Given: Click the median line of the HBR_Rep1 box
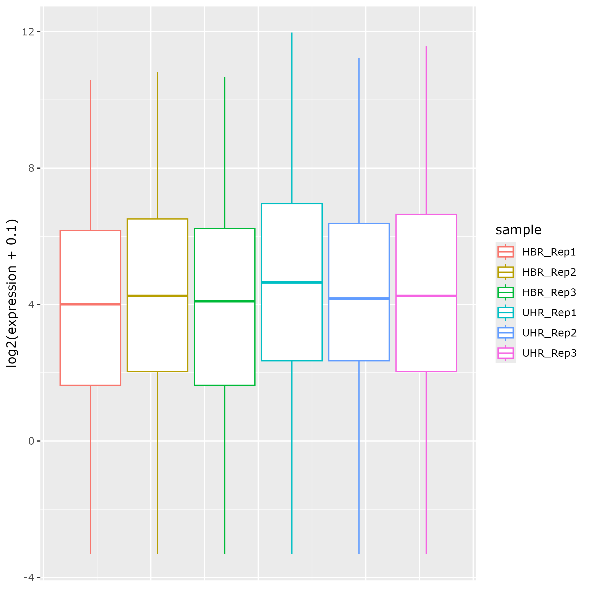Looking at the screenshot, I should point(91,304).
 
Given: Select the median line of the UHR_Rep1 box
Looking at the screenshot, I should point(292,282).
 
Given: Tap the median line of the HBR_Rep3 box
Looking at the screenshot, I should point(225,301).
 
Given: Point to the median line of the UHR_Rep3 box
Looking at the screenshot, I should point(426,296).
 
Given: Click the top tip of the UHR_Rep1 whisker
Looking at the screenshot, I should point(292,33).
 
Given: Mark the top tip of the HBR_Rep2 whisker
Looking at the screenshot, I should point(157,73).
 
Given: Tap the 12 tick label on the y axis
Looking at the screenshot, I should point(28,32).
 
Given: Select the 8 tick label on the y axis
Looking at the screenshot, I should point(31,168).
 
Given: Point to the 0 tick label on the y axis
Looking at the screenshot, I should point(31,441).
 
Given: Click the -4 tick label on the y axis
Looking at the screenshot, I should point(29,577).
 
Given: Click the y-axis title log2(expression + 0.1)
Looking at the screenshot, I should point(12,293).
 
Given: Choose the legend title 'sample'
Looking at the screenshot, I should point(518,230).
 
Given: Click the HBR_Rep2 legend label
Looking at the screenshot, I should point(549,272).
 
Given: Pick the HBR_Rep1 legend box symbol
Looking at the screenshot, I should point(505,252).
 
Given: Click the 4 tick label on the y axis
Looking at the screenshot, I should point(31,304).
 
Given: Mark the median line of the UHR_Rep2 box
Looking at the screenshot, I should point(359,298).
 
